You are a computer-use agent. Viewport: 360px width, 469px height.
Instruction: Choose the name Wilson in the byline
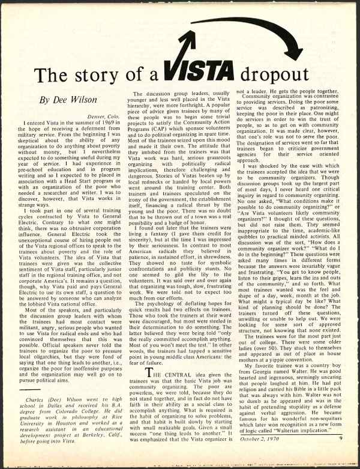pos(85,100)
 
